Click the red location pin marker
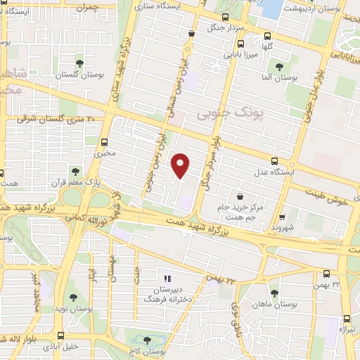(x=181, y=165)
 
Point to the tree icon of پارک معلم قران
(x=75, y=171)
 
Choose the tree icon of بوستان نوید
(x=72, y=299)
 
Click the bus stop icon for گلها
(x=267, y=37)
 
